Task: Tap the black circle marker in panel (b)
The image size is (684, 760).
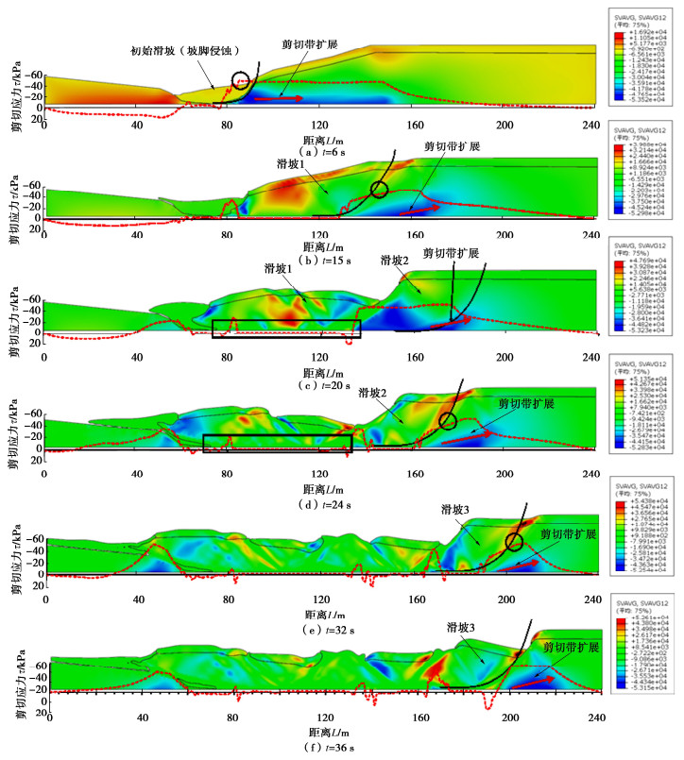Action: point(380,189)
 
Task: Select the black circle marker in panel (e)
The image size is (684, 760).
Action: point(514,542)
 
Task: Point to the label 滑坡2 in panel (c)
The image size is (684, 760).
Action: point(394,260)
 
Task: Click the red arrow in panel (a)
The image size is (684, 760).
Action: point(278,97)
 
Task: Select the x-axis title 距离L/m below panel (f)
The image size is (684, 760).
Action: point(328,732)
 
